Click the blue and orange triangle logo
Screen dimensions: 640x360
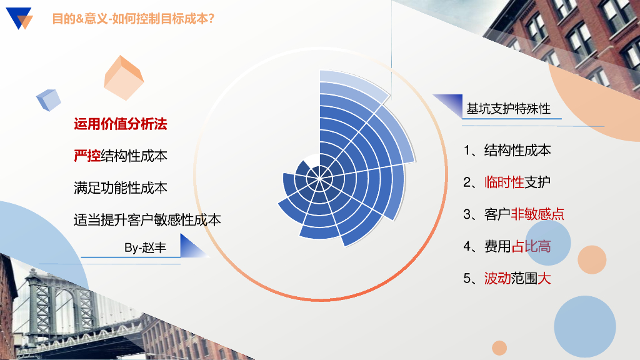click(x=19, y=18)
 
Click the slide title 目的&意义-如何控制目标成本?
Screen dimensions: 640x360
click(x=133, y=19)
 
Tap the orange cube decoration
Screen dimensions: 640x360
click(x=124, y=78)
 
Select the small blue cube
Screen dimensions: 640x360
click(x=49, y=100)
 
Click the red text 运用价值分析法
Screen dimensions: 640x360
click(x=121, y=124)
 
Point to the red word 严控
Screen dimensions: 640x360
click(x=87, y=156)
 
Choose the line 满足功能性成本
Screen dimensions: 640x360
click(x=121, y=187)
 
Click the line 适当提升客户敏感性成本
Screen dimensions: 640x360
click(x=147, y=219)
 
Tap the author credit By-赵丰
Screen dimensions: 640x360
click(x=145, y=247)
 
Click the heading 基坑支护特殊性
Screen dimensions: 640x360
click(x=509, y=109)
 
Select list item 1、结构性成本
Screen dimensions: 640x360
click(x=507, y=150)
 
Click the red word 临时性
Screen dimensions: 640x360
click(x=504, y=182)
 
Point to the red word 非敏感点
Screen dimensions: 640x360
click(x=537, y=214)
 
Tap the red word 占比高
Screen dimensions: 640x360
click(x=531, y=246)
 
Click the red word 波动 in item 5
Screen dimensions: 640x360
click(x=497, y=278)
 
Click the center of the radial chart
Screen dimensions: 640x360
click(x=319, y=178)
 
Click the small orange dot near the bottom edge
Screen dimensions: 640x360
click(x=499, y=347)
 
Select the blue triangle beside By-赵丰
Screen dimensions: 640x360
click(x=194, y=246)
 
